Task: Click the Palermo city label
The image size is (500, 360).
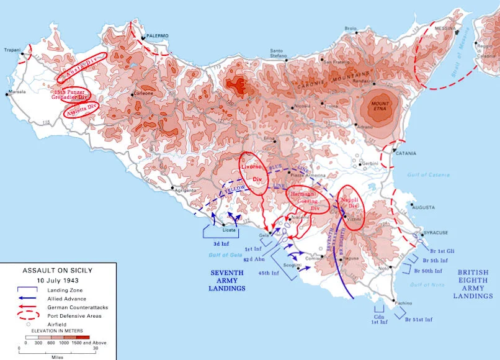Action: tap(158, 36)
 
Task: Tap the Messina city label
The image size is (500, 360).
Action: tap(445, 29)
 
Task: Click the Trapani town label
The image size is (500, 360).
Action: tap(12, 50)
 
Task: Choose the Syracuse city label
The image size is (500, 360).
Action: tap(435, 233)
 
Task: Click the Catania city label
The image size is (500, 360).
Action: tap(406, 153)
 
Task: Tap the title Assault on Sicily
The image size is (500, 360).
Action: tap(57, 271)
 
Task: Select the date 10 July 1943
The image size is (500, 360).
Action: tap(57, 280)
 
